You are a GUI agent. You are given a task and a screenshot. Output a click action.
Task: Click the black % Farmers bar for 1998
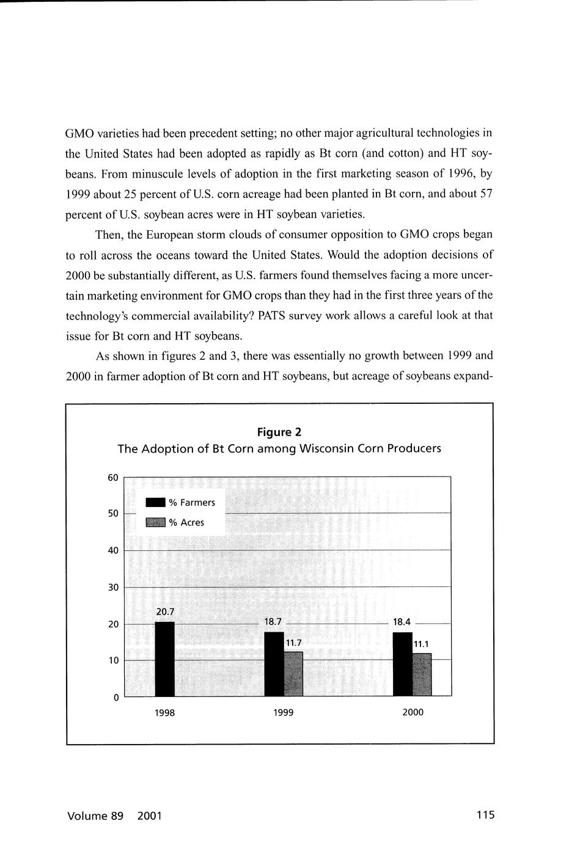coord(164,659)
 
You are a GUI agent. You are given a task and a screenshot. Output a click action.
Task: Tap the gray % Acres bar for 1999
coord(293,673)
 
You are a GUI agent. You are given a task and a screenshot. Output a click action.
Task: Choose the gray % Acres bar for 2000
coord(422,674)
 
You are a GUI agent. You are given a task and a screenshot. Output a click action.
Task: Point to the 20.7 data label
coord(165,611)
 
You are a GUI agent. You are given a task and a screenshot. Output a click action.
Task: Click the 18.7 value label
coord(273,622)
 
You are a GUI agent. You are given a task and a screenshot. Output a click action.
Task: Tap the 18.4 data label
coord(402,622)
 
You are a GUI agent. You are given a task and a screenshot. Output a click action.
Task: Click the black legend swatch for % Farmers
coord(155,503)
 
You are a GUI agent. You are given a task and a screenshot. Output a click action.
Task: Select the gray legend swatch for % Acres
coord(155,522)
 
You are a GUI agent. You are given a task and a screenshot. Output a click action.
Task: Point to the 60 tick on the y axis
coord(113,478)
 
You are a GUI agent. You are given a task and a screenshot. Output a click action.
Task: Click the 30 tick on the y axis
coord(113,588)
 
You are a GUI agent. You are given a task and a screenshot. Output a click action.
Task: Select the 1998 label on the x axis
coord(164,713)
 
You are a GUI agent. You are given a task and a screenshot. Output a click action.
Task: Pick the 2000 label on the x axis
coord(413,712)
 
